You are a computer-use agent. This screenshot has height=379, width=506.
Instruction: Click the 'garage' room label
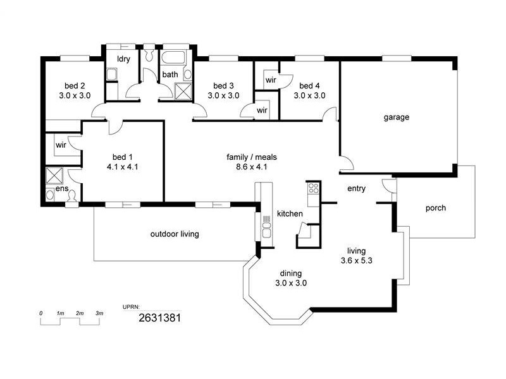[x=397, y=117]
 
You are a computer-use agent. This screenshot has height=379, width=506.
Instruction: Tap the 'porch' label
[x=435, y=208]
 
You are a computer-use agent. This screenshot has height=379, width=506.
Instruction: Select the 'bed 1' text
[x=123, y=157]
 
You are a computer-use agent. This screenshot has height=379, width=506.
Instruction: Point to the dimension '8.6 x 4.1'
[x=252, y=167]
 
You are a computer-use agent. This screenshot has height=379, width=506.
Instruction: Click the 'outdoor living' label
[x=175, y=234]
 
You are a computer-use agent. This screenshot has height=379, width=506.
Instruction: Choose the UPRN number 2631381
[x=159, y=318]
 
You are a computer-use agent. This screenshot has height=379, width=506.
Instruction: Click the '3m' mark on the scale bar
[x=99, y=313]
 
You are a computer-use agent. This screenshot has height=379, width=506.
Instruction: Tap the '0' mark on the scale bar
[x=40, y=313]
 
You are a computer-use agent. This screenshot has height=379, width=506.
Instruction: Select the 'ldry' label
[x=123, y=60]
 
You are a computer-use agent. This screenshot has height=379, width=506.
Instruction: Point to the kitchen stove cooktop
[x=313, y=188]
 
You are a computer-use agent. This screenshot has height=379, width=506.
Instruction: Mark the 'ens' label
[x=61, y=188]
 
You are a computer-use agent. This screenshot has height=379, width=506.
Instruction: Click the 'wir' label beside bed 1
[x=61, y=145]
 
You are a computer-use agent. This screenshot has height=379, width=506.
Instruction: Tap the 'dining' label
[x=290, y=274]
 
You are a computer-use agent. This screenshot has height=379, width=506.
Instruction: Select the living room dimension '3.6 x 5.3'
[x=355, y=260]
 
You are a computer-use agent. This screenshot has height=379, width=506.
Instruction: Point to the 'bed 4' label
[x=310, y=86]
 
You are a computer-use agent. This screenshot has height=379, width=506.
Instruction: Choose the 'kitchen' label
[x=290, y=214]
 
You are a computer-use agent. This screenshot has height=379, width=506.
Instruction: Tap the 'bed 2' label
[x=75, y=86]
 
